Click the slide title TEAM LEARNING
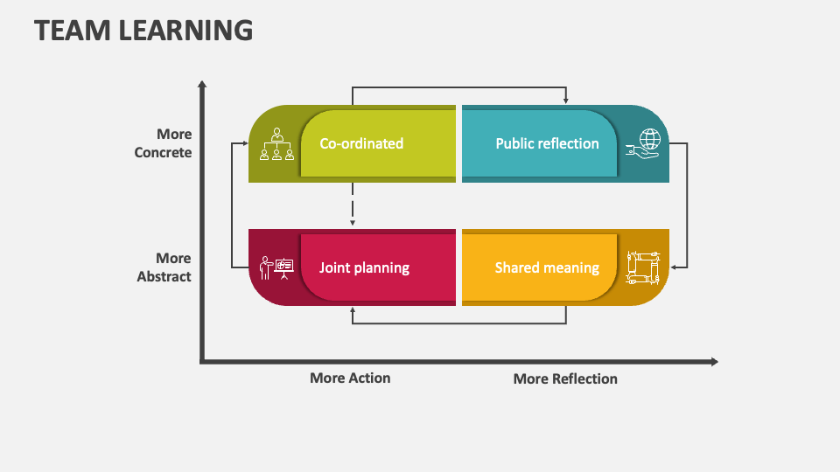pos(143,31)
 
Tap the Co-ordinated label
pos(361,143)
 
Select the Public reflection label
pos(547,143)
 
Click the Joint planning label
pos(364,267)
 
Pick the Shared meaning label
pos(547,267)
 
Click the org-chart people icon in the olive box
pos(276,144)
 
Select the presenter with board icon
pos(276,267)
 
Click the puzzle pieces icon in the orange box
pos(643,267)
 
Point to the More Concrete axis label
pos(163,143)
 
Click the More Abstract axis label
pos(164,267)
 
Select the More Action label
pos(350,378)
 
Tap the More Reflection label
pos(565,378)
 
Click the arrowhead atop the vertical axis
pos(202,85)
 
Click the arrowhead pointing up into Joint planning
pos(353,310)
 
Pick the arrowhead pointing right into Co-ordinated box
pos(243,143)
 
